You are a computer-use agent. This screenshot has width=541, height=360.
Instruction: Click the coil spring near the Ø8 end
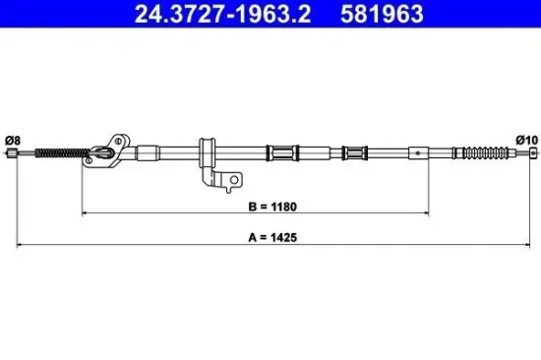pos(61,152)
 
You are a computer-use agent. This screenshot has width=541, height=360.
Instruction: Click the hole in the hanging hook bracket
pos(234,179)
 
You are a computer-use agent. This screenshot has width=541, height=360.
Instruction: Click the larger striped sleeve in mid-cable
pos(281,152)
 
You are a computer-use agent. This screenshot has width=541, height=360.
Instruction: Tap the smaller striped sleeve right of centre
pos(354,152)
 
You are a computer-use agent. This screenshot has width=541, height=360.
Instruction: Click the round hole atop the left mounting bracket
pos(120,138)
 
